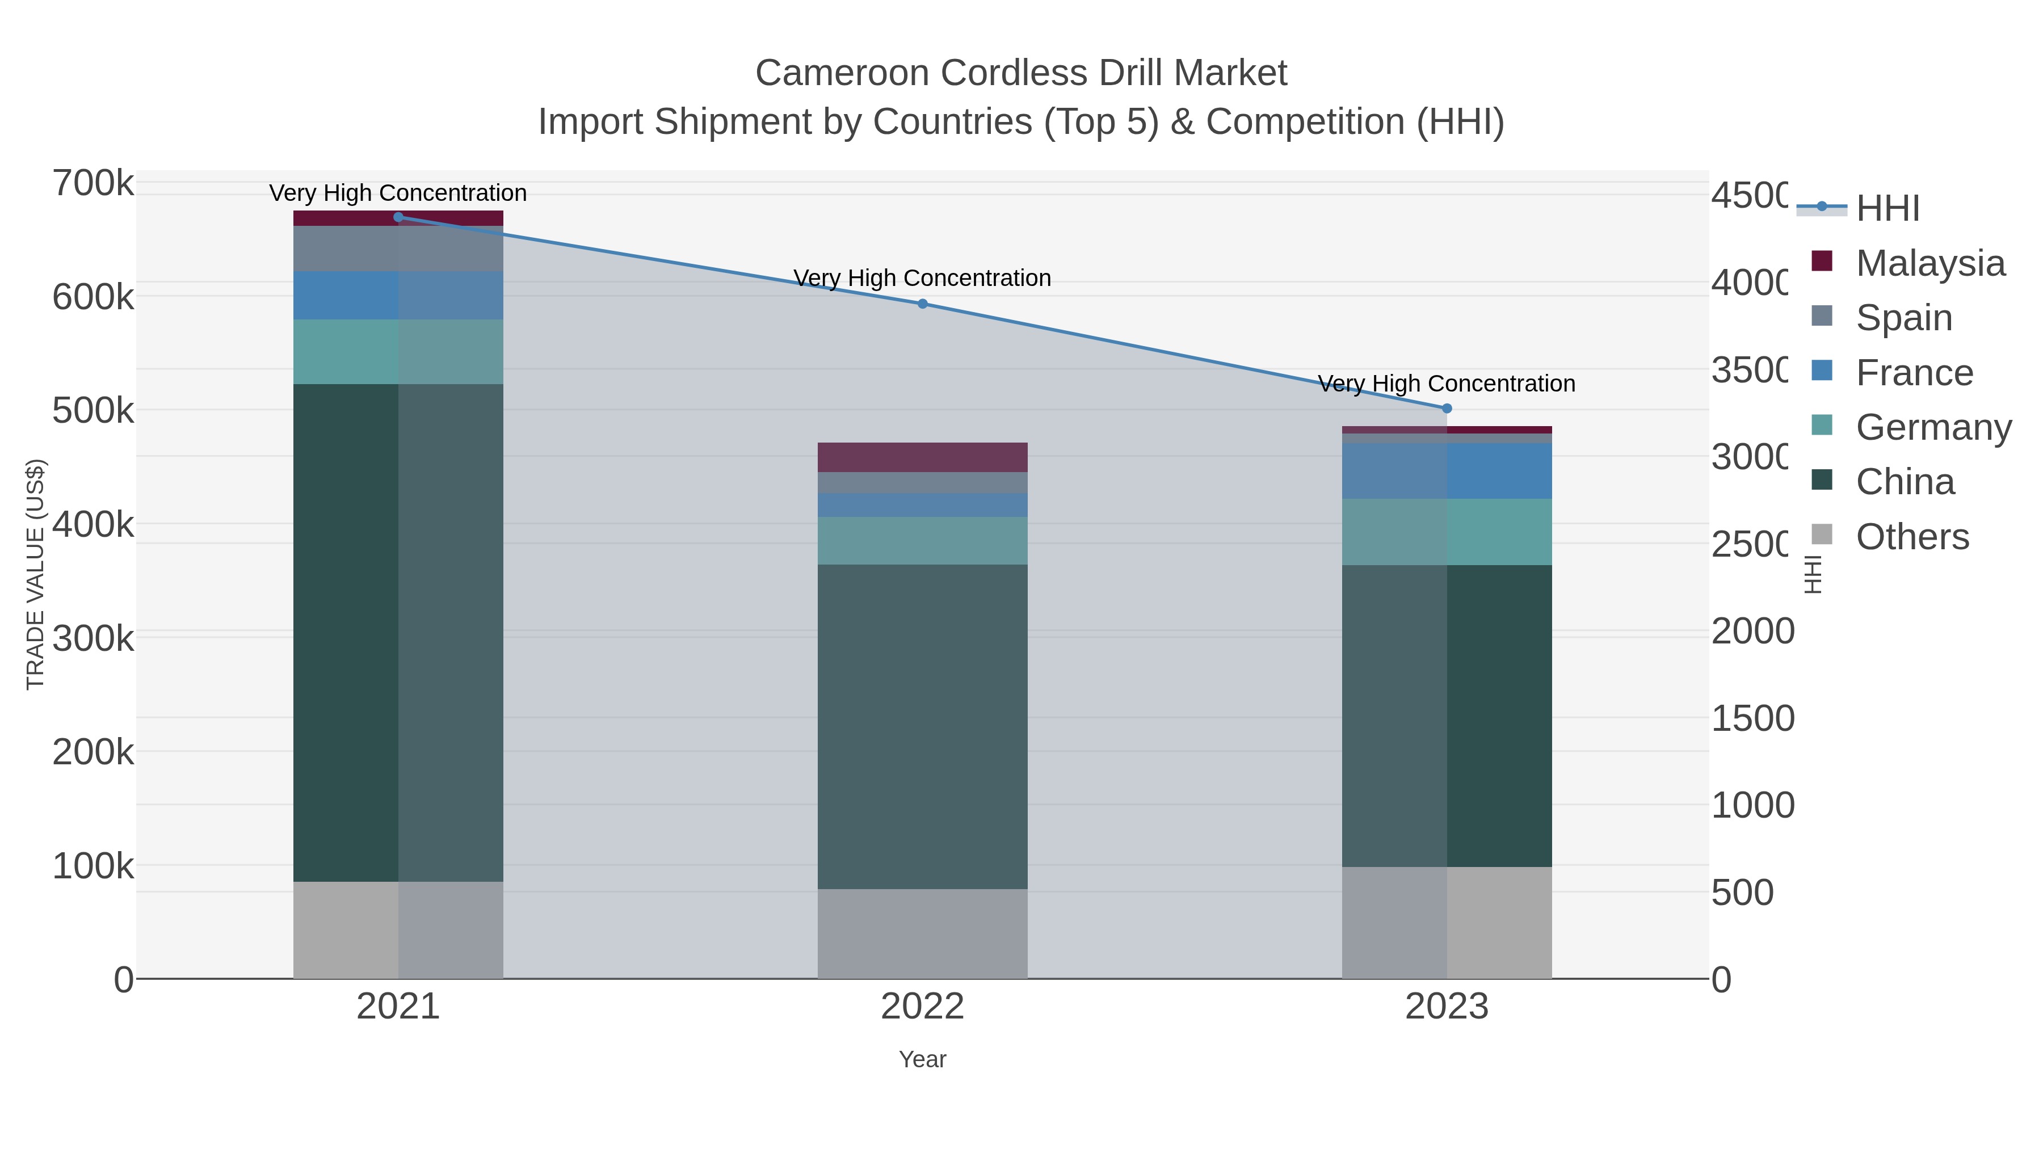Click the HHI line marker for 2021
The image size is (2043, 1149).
(x=398, y=217)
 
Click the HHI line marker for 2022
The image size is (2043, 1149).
(x=922, y=304)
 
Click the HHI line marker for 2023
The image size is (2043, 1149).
(x=1447, y=409)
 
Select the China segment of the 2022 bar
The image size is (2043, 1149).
(x=922, y=726)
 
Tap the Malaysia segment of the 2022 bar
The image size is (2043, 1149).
(x=922, y=457)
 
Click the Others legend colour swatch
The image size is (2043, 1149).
(x=1822, y=534)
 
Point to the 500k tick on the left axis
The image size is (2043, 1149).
(x=93, y=411)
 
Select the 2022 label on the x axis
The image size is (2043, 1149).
(x=922, y=1006)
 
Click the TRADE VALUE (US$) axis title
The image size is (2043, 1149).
(x=36, y=574)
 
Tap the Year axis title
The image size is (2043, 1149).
(x=922, y=1059)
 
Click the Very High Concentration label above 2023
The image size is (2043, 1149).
(x=1446, y=384)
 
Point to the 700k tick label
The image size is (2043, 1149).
(x=93, y=183)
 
